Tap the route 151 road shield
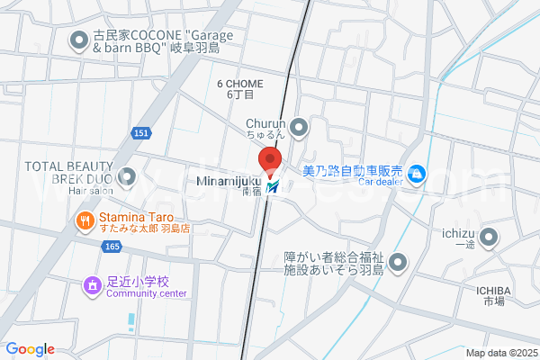(x=140, y=133)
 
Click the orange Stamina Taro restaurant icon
(x=85, y=219)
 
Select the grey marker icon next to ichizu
(x=489, y=238)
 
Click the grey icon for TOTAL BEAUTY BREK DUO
(x=127, y=176)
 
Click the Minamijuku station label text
(x=227, y=182)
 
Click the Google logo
(x=30, y=349)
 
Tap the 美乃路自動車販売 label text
(x=351, y=171)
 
